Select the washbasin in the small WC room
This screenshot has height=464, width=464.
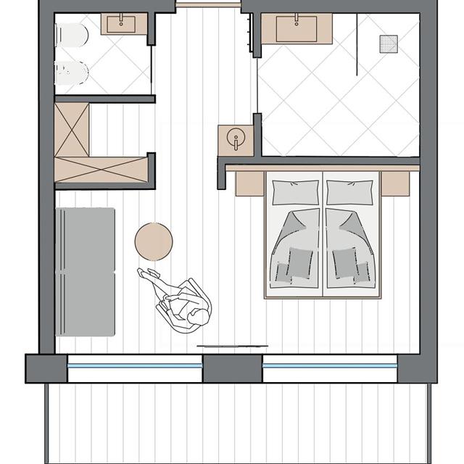[x=124, y=24]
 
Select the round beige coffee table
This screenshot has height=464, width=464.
[x=154, y=240]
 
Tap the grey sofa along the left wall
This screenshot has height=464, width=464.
[x=86, y=271]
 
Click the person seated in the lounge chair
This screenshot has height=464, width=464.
[x=185, y=304]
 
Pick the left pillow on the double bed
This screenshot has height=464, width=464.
[x=294, y=192]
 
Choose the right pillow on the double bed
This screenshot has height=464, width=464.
[x=350, y=192]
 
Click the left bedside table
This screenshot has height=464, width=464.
[x=249, y=183]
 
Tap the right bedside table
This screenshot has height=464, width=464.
[x=396, y=183]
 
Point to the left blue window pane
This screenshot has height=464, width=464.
[x=134, y=368]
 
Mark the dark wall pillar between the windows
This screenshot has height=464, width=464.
[x=232, y=368]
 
